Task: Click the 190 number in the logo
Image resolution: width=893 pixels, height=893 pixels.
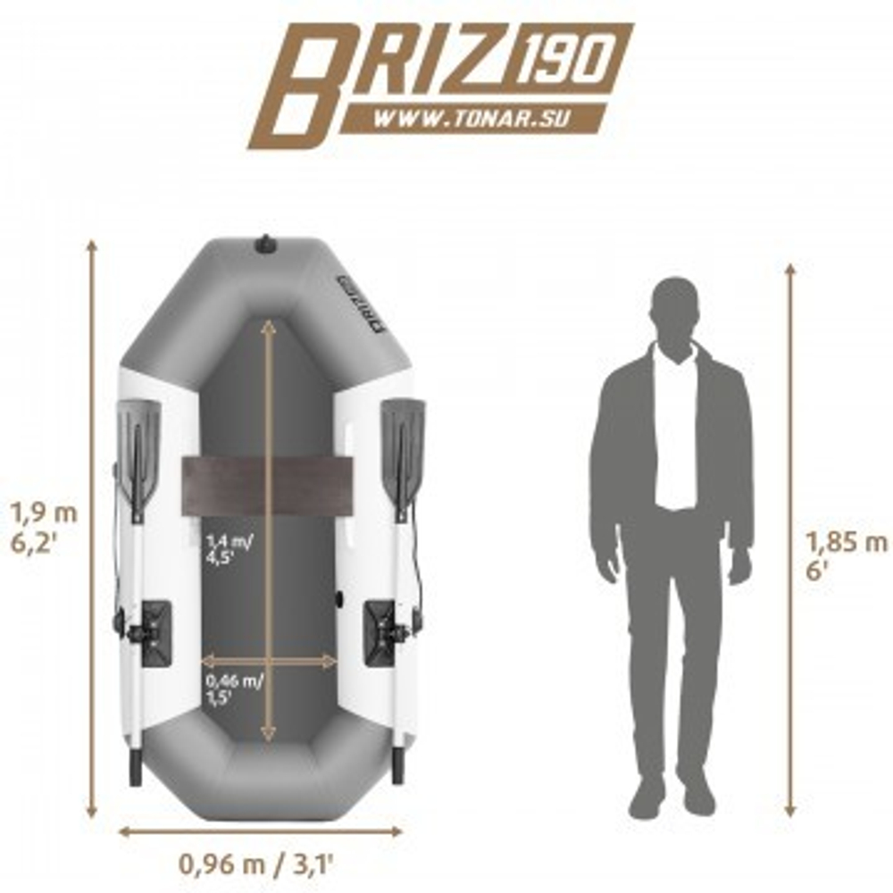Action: (x=567, y=57)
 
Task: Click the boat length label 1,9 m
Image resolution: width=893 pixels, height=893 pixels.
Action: (x=43, y=513)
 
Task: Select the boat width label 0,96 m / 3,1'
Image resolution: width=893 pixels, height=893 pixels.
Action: (x=255, y=864)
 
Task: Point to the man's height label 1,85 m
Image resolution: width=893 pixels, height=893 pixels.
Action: (x=847, y=542)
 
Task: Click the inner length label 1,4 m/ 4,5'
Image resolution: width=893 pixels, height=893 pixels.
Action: (x=229, y=548)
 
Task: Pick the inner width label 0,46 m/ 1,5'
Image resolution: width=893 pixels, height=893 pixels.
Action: (x=234, y=689)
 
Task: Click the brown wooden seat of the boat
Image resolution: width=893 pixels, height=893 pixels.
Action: (x=266, y=485)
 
